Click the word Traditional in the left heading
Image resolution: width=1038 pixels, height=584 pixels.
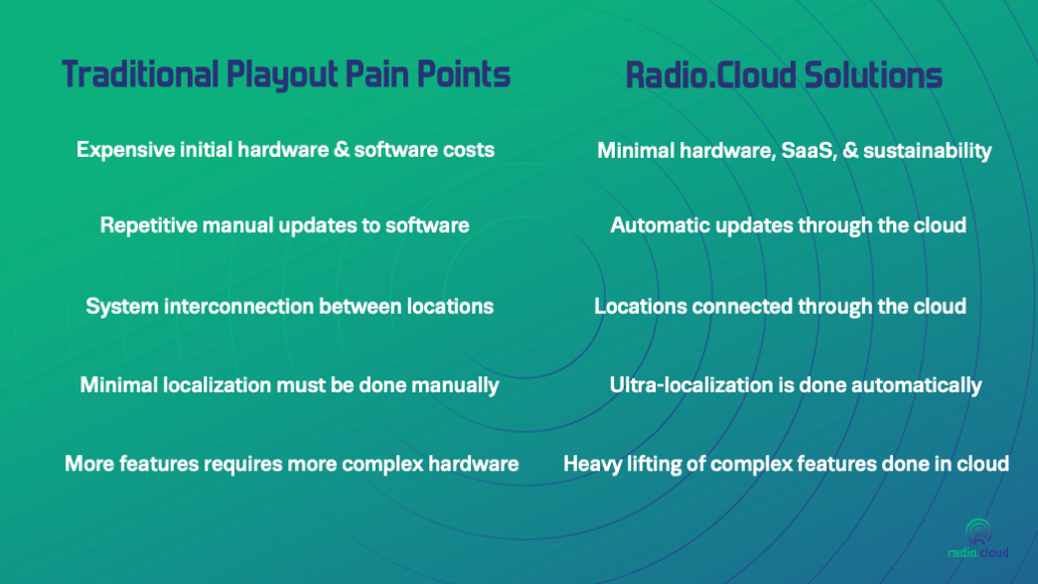(x=140, y=73)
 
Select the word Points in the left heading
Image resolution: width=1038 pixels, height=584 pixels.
(x=464, y=73)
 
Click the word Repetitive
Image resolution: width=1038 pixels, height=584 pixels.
(x=148, y=226)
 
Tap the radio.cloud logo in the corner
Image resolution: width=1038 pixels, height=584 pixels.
(x=977, y=539)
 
